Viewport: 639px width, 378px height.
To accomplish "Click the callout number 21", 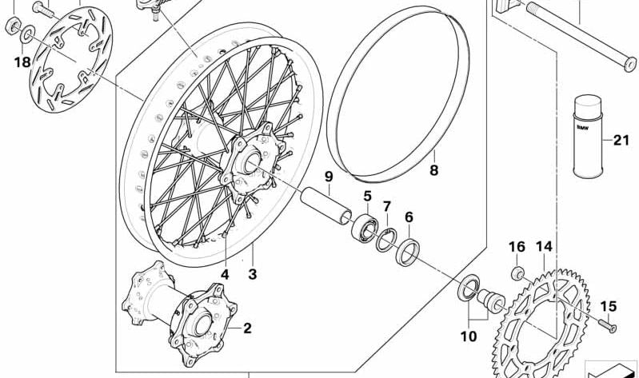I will coord(621,141).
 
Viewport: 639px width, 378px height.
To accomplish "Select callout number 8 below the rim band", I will coord(433,169).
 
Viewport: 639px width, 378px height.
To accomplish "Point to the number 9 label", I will coord(328,177).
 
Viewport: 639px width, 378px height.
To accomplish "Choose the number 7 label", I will coord(387,206).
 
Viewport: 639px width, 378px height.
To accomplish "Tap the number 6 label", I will coord(409,217).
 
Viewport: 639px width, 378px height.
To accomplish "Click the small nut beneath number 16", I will coord(517,274).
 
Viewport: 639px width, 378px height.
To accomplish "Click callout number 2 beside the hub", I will coord(247,328).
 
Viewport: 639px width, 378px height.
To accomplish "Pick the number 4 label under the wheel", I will coord(226,274).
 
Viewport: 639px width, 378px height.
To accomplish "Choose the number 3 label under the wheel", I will coord(252,274).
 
